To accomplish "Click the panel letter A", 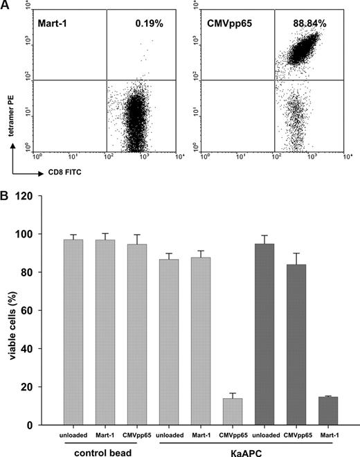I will (7, 6).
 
